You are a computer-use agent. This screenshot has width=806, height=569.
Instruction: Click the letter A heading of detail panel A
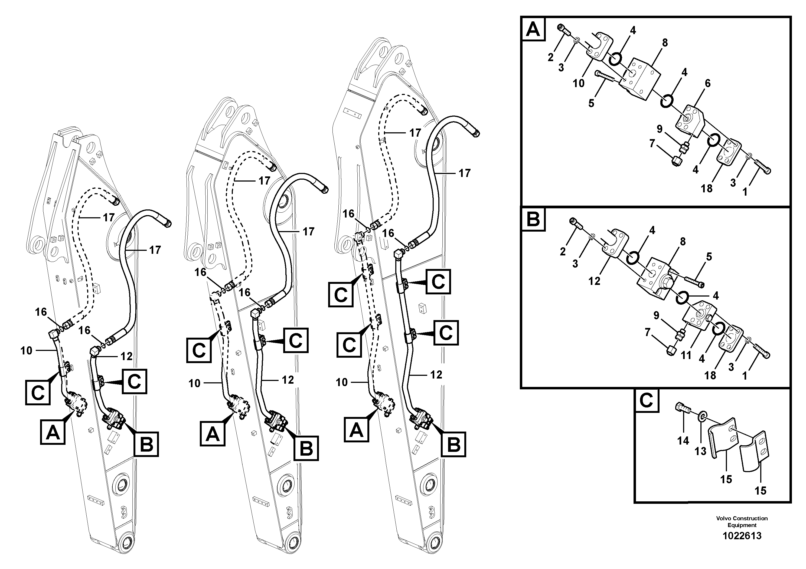(x=533, y=29)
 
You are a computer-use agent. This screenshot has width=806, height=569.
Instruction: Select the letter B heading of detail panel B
(x=533, y=220)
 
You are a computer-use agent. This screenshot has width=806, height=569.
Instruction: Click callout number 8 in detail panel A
(x=664, y=43)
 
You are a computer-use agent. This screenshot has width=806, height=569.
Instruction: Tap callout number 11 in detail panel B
(x=686, y=355)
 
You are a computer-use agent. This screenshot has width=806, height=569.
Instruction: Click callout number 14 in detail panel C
(x=683, y=440)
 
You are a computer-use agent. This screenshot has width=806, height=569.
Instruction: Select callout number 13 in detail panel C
(x=700, y=451)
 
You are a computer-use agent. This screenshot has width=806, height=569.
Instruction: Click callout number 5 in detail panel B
(x=709, y=257)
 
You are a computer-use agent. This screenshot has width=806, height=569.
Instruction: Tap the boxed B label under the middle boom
(x=306, y=448)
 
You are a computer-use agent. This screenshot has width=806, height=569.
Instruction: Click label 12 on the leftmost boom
(x=126, y=356)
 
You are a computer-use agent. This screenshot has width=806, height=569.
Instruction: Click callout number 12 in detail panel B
(x=594, y=281)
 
